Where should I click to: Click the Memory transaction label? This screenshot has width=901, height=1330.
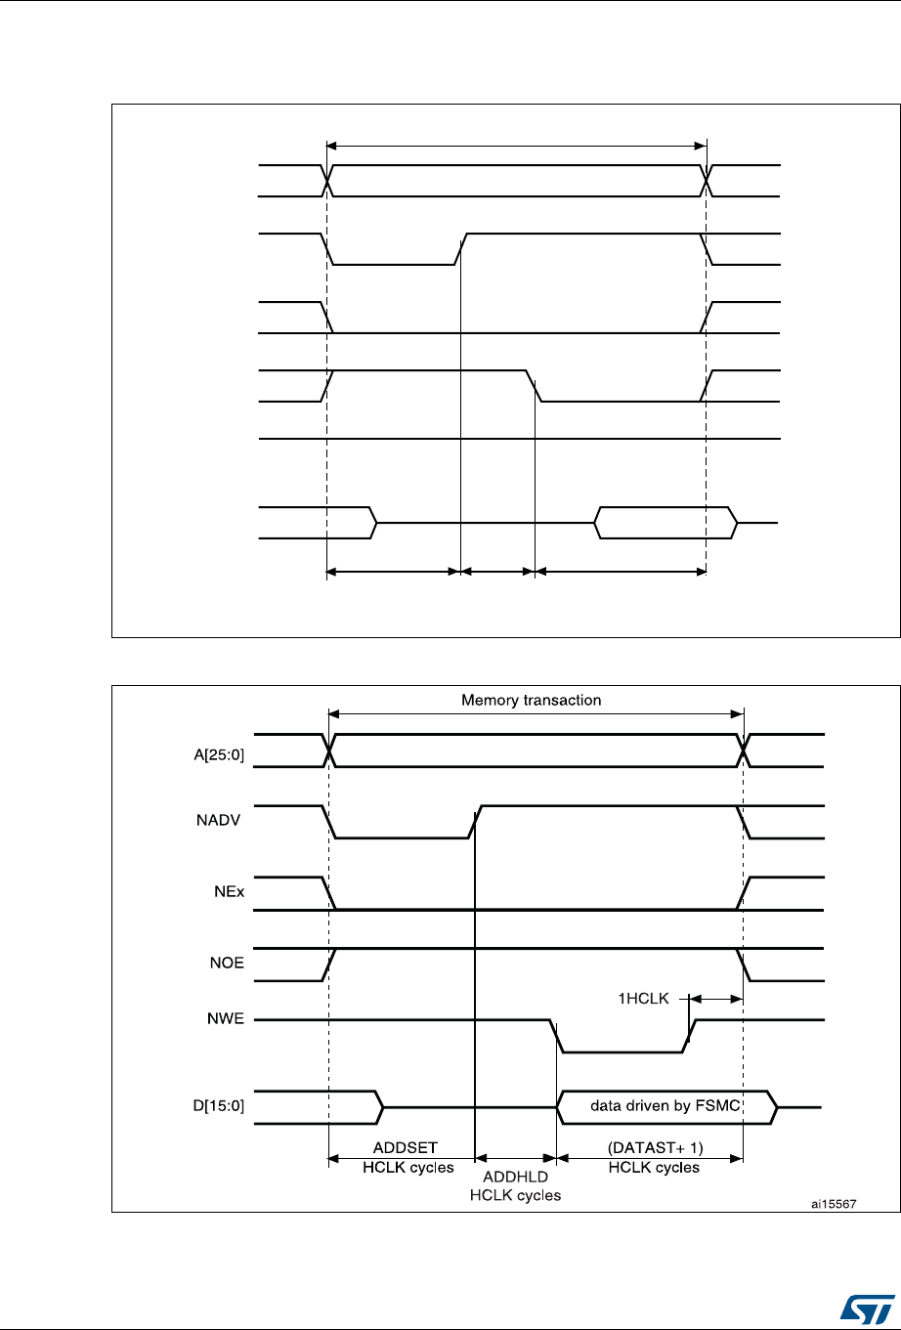[532, 701]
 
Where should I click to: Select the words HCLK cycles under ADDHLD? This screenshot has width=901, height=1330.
[515, 1196]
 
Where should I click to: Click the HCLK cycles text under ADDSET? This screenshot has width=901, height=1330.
[401, 1167]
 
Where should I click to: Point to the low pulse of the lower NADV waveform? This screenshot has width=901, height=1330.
[402, 837]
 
